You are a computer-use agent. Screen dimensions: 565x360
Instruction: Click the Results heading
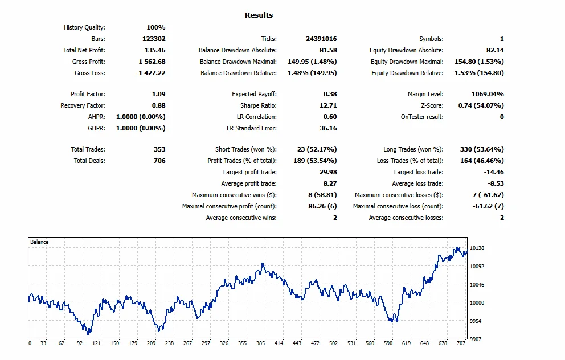(259, 15)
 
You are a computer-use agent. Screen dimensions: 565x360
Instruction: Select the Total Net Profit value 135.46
(154, 50)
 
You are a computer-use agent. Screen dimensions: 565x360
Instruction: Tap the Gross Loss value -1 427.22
(150, 73)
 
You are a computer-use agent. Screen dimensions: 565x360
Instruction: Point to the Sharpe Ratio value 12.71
(328, 105)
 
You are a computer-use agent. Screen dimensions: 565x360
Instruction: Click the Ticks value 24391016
(321, 39)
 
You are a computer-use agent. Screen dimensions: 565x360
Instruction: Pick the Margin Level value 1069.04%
(488, 94)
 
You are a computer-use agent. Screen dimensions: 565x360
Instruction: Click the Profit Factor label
(88, 94)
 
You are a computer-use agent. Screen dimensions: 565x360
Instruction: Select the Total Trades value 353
(159, 149)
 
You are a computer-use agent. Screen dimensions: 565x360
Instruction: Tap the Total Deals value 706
(159, 161)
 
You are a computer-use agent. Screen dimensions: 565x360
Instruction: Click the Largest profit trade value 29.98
(328, 172)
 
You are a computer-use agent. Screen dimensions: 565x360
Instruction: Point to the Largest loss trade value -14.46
(494, 172)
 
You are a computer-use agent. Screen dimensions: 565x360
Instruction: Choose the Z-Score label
(432, 105)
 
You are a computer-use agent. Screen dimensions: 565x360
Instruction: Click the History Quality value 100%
(155, 27)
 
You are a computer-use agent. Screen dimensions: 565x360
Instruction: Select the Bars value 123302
(154, 39)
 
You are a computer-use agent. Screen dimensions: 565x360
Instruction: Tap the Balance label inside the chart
(39, 242)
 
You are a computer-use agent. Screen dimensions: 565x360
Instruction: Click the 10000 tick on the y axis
(477, 302)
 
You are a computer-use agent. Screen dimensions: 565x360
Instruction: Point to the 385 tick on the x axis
(260, 343)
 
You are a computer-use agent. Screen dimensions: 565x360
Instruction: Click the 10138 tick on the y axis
(477, 248)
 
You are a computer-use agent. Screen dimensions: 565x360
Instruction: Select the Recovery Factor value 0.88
(158, 105)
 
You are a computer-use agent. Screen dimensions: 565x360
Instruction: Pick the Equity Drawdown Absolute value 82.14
(495, 50)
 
